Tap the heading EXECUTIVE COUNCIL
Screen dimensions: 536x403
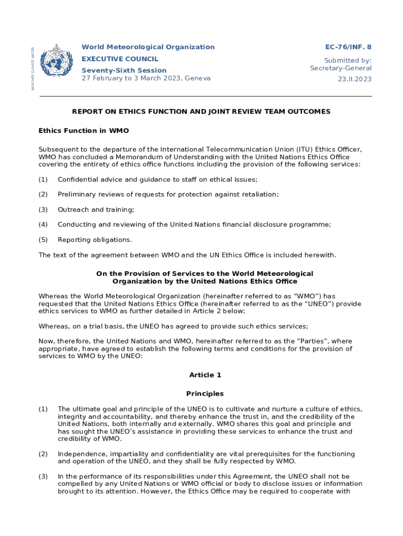120,59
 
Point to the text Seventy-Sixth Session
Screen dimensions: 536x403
124,70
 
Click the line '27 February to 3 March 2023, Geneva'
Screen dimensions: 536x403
146,79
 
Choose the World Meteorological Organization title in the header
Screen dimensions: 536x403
148,47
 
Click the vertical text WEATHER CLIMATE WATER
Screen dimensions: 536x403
33,68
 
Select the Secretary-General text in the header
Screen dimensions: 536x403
341,68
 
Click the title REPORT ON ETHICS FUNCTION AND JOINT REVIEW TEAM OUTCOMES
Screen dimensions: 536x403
201,111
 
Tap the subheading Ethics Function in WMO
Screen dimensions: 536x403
84,130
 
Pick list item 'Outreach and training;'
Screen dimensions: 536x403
96,209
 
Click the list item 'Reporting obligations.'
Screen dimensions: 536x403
95,240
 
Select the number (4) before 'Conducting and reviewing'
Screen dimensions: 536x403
43,225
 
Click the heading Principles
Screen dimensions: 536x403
205,394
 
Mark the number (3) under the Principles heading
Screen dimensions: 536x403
43,476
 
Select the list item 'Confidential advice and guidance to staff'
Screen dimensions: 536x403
157,180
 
